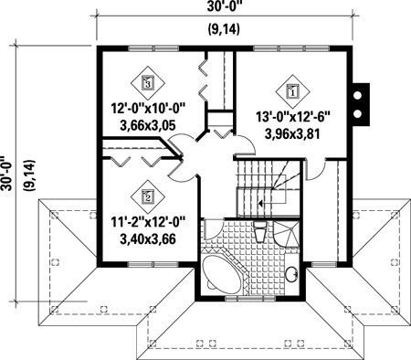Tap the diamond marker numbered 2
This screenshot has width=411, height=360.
click(148, 194)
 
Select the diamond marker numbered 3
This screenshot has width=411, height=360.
click(148, 82)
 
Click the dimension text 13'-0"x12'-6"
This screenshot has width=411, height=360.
click(292, 116)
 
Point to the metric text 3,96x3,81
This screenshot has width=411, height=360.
click(292, 132)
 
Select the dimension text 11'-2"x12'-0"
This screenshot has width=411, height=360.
click(147, 220)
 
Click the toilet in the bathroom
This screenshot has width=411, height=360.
click(260, 234)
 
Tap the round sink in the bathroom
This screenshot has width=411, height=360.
click(292, 274)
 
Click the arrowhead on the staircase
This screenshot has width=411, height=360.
click(260, 205)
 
